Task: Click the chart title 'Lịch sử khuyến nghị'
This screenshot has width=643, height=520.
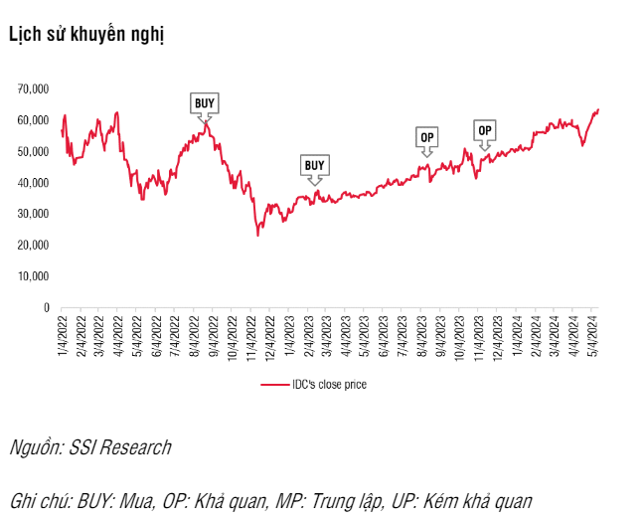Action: tap(85, 34)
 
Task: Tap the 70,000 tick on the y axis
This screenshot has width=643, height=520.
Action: tap(34, 88)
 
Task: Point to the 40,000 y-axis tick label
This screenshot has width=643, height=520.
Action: tap(34, 183)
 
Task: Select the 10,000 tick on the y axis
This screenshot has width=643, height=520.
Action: tap(34, 276)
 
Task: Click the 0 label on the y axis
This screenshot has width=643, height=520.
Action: tap(46, 308)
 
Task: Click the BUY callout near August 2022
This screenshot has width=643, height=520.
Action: tap(204, 102)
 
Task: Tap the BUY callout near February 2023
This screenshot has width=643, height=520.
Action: tap(314, 165)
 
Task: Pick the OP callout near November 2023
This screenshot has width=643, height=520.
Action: tap(485, 130)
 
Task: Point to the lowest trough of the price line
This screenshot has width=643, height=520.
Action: tap(257, 235)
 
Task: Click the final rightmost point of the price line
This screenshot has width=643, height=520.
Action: tap(598, 109)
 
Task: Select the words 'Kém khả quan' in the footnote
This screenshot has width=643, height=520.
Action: tap(479, 500)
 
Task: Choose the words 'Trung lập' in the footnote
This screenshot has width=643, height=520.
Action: tap(350, 500)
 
